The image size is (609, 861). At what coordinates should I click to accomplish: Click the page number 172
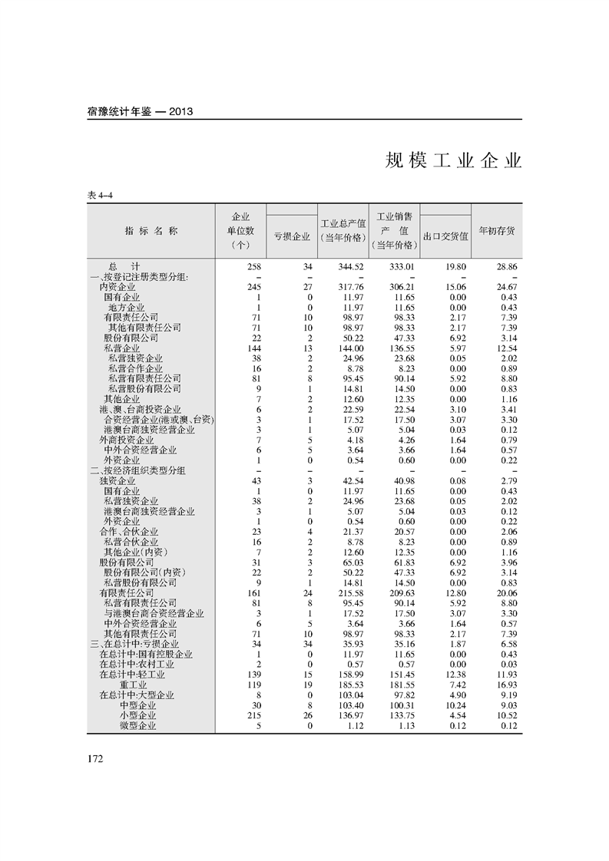click(95, 759)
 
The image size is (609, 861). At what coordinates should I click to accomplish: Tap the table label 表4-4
click(101, 196)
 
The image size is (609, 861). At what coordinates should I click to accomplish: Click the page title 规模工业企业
click(453, 160)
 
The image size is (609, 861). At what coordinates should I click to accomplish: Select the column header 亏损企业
click(292, 236)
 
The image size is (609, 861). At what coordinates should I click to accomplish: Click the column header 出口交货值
click(445, 236)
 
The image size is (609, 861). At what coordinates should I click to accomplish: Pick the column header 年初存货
click(497, 230)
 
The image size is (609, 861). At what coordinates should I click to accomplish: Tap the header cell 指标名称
click(151, 230)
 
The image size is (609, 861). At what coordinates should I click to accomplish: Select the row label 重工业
click(133, 685)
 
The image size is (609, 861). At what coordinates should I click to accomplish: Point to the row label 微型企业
click(137, 725)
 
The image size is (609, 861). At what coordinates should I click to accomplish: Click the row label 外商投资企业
click(127, 440)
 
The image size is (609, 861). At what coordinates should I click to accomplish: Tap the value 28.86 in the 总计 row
click(506, 266)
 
